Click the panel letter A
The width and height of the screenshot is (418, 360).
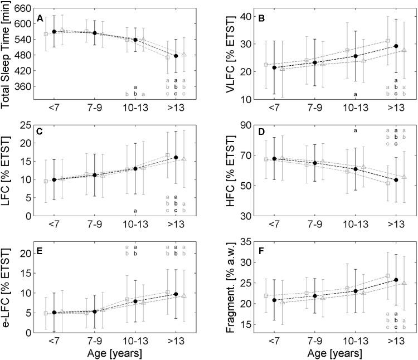tap(40, 19)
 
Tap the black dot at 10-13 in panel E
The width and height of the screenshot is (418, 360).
tap(135, 300)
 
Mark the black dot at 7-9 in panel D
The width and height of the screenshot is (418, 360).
tap(314, 163)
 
